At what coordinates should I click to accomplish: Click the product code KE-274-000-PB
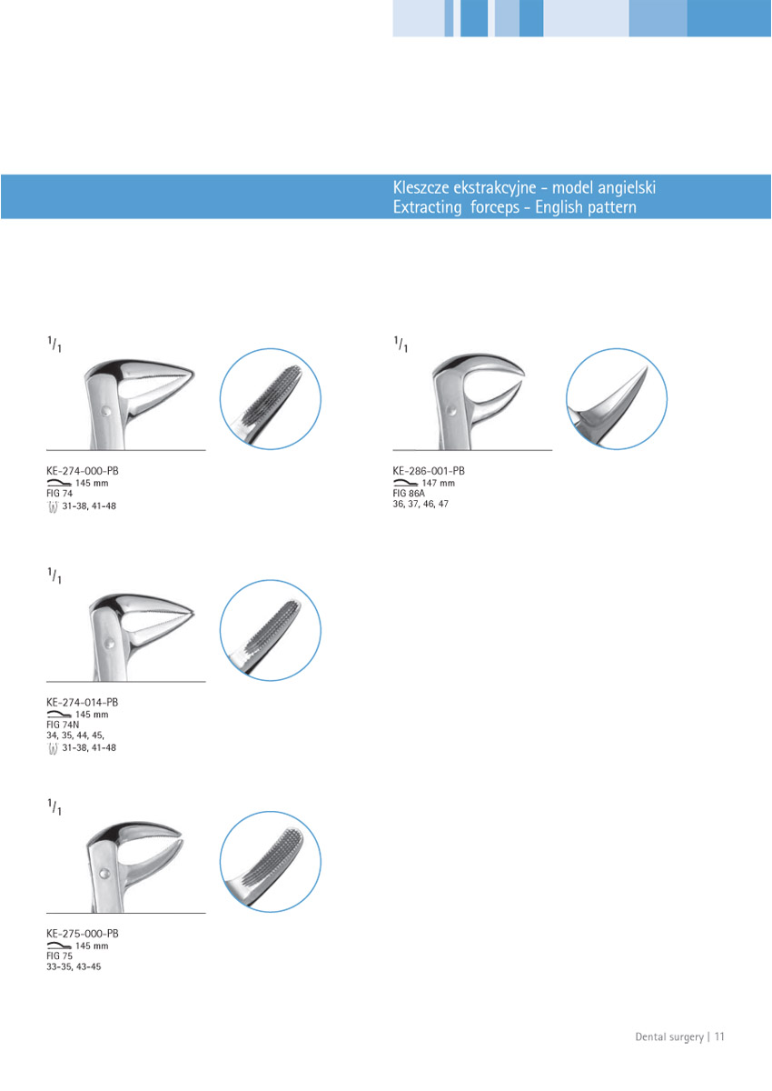pyautogui.click(x=83, y=471)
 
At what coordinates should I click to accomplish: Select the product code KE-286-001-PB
pyautogui.click(x=429, y=471)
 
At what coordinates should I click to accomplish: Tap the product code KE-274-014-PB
pyautogui.click(x=83, y=703)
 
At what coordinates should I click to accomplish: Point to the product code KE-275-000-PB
pyautogui.click(x=83, y=934)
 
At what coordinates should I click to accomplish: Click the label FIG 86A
pyautogui.click(x=410, y=493)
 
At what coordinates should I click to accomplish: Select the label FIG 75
pyautogui.click(x=59, y=956)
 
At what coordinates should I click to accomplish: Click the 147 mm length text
pyautogui.click(x=439, y=483)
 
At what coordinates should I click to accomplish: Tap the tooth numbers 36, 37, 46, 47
pyautogui.click(x=421, y=504)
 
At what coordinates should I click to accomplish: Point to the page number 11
pyautogui.click(x=719, y=1036)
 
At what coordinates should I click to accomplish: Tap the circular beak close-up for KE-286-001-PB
pyautogui.click(x=617, y=399)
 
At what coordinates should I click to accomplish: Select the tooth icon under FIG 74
pyautogui.click(x=54, y=505)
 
